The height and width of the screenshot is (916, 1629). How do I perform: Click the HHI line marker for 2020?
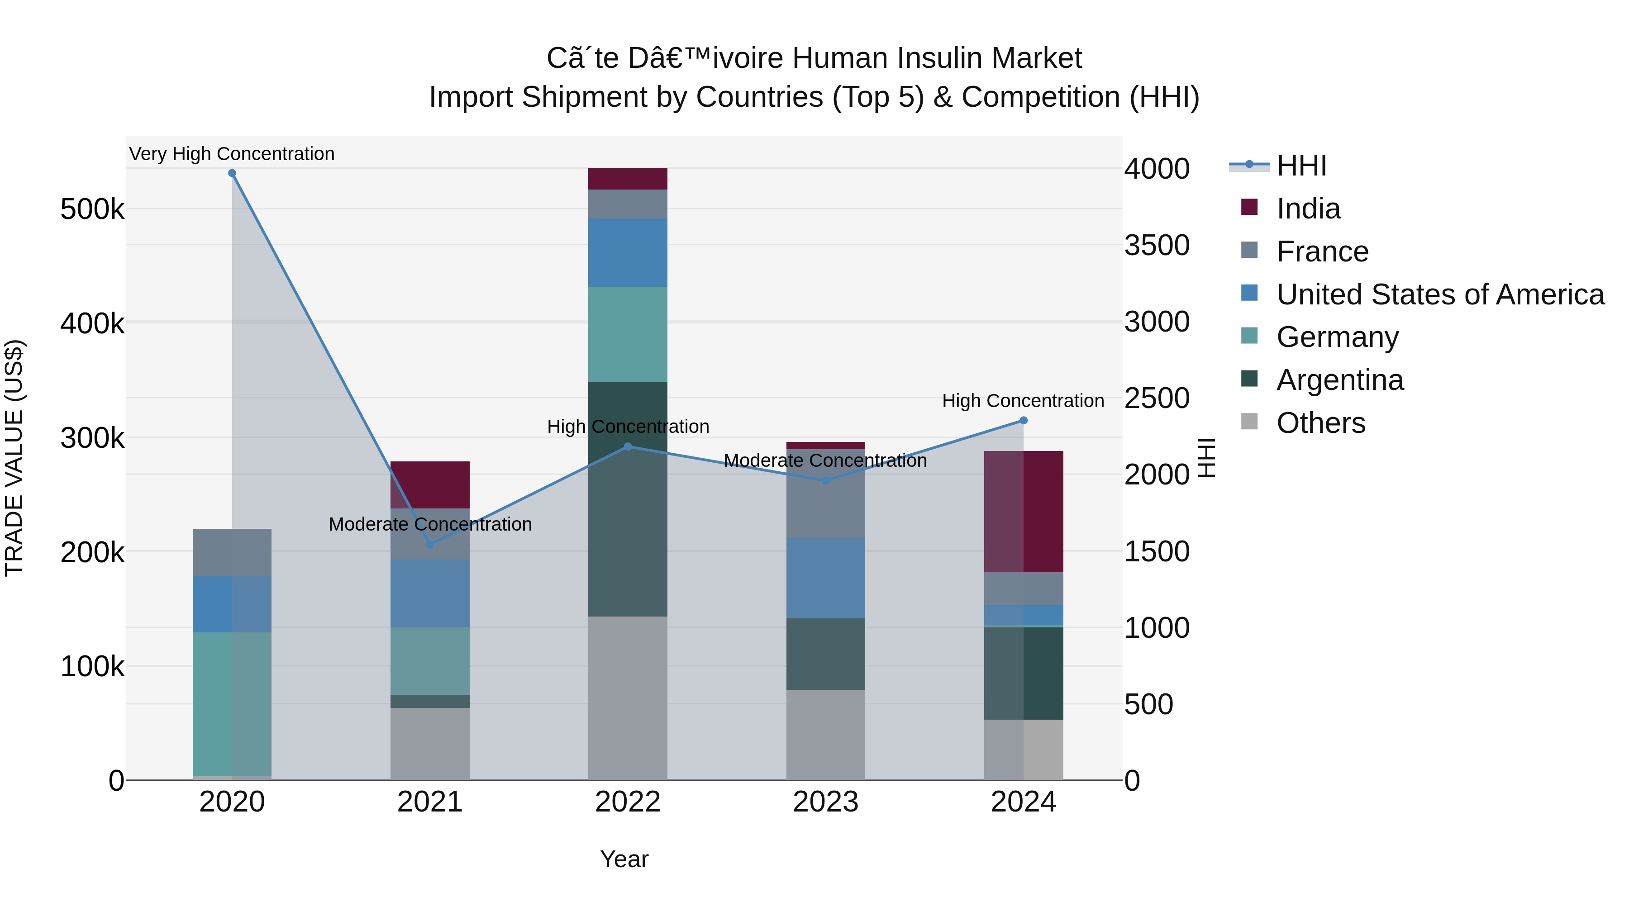(x=232, y=173)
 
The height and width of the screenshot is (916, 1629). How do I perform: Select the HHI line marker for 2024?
(x=1023, y=420)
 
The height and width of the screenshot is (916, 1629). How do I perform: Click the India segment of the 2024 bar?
(x=1023, y=512)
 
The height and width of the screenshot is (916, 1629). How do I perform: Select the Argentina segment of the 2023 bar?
(x=825, y=654)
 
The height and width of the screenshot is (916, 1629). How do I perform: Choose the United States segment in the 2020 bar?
(x=232, y=604)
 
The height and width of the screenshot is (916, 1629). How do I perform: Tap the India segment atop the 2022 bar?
(x=627, y=179)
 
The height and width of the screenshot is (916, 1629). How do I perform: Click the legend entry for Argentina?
(x=1339, y=380)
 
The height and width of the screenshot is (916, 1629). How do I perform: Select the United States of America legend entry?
(x=1439, y=294)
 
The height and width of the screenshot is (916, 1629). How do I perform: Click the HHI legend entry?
(x=1301, y=166)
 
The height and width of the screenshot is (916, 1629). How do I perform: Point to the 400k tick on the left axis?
(x=92, y=324)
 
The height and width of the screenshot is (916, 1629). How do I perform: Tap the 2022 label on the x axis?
(x=627, y=802)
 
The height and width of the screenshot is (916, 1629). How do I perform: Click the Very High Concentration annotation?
(x=232, y=154)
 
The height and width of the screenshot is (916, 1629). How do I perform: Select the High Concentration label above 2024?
(x=1023, y=401)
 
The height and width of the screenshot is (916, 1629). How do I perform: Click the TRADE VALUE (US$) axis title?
(x=14, y=458)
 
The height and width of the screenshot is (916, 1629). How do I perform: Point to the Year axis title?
(x=624, y=859)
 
